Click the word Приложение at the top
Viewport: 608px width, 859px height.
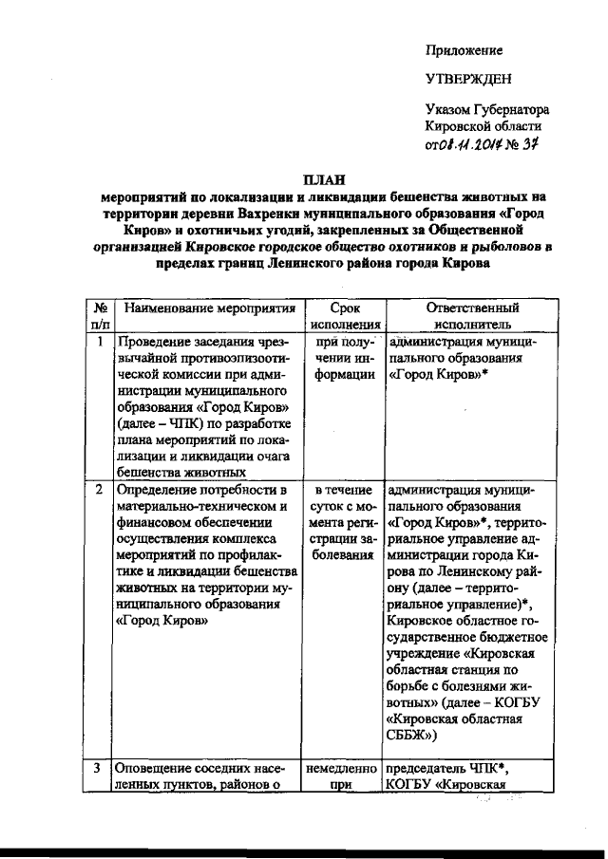coord(464,50)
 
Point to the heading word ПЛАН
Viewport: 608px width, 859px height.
coord(325,179)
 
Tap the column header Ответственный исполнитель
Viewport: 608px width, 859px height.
coord(472,317)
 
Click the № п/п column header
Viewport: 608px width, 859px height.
coord(99,317)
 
